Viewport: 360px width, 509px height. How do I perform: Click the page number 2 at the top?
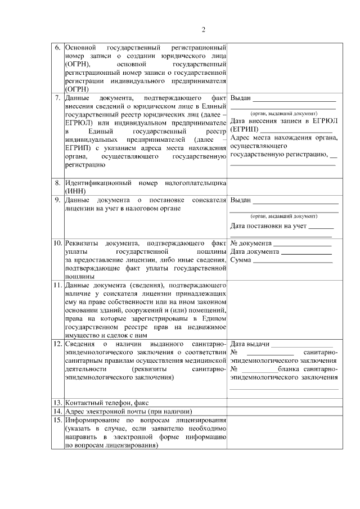(204, 30)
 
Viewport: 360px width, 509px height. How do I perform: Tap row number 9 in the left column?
(58, 200)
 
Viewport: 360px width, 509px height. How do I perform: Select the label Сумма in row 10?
(242, 260)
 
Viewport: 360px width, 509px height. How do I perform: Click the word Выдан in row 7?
(241, 98)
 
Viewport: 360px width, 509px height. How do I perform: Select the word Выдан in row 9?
(241, 201)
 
